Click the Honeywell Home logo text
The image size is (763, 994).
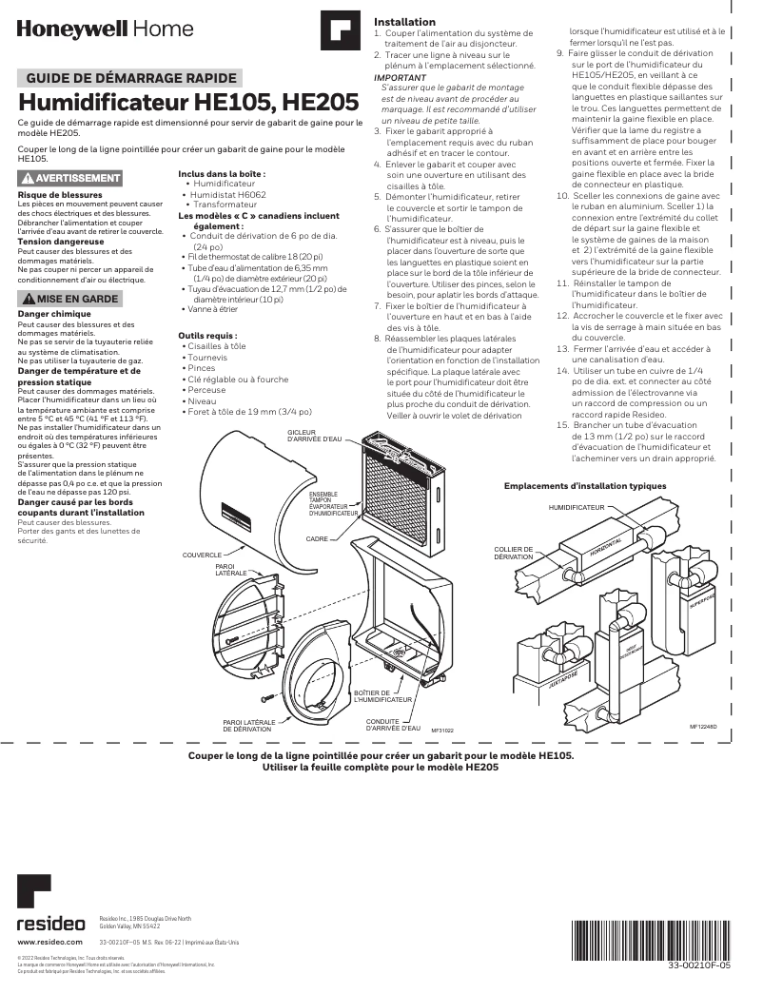[x=105, y=29]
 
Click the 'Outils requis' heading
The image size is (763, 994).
[x=207, y=335]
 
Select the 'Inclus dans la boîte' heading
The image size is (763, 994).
[x=222, y=174]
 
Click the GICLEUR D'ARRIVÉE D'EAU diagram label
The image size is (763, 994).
[x=313, y=436]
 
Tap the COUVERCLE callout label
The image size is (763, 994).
[x=202, y=554]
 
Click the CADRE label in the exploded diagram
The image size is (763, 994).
[x=317, y=538]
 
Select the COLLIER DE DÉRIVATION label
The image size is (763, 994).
[x=514, y=553]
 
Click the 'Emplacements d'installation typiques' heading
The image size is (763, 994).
[x=585, y=486]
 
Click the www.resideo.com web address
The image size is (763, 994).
[x=47, y=942]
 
